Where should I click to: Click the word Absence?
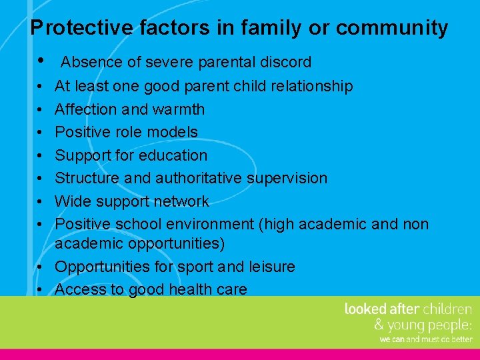click(91, 63)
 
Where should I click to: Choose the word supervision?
click(287, 178)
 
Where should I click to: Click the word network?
click(181, 201)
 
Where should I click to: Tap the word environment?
click(210, 225)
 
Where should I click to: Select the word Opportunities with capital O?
click(101, 267)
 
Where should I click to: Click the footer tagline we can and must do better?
click(425, 339)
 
